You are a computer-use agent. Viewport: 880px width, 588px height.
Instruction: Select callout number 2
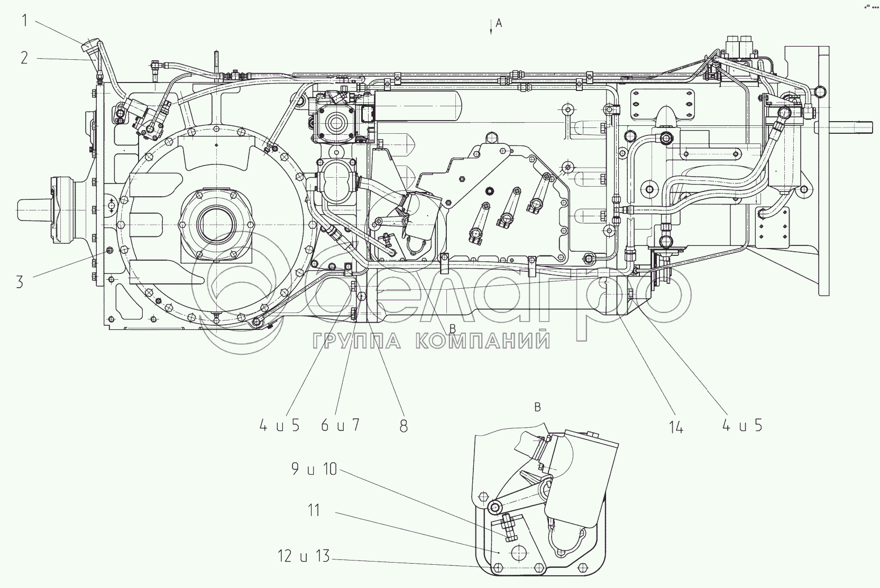tap(24, 57)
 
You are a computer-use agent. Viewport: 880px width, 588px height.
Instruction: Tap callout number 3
tap(20, 282)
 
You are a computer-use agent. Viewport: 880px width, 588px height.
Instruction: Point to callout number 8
tap(404, 426)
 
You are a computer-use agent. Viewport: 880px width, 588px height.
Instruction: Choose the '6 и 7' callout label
tap(340, 425)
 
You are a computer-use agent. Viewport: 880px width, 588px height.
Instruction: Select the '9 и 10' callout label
tap(314, 468)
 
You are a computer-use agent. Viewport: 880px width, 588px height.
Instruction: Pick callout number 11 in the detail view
tap(314, 511)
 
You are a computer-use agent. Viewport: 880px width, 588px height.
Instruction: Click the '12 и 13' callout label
tap(304, 556)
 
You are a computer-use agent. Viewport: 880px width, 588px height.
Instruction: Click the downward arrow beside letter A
tap(491, 27)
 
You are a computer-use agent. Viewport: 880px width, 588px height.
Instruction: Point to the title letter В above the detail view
tap(537, 407)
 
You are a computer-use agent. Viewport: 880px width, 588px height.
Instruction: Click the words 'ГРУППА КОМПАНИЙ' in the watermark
tap(431, 341)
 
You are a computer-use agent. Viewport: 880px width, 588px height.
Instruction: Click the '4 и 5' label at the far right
tap(742, 425)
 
